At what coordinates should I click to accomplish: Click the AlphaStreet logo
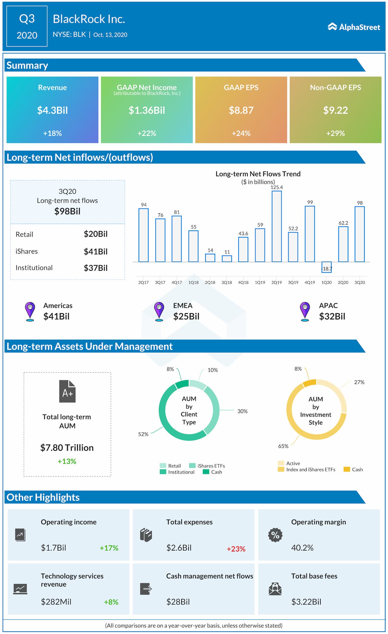pyautogui.click(x=354, y=27)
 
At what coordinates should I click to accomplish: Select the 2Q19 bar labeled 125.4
pyautogui.click(x=276, y=226)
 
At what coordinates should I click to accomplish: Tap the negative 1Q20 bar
pyautogui.click(x=326, y=267)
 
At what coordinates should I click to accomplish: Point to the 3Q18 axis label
pyautogui.click(x=226, y=282)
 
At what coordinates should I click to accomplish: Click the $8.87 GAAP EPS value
pyautogui.click(x=241, y=110)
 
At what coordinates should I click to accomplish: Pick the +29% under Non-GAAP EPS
pyautogui.click(x=335, y=133)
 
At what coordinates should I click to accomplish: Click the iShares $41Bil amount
pyautogui.click(x=95, y=251)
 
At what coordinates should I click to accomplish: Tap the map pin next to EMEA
pyautogui.click(x=159, y=311)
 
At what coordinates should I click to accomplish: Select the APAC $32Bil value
pyautogui.click(x=332, y=316)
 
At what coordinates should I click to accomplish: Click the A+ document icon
pyautogui.click(x=67, y=391)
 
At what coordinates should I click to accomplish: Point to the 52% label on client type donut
pyautogui.click(x=143, y=434)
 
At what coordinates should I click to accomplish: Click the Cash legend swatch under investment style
pyautogui.click(x=346, y=469)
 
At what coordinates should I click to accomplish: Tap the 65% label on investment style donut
pyautogui.click(x=283, y=446)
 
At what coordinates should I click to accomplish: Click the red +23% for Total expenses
pyautogui.click(x=236, y=549)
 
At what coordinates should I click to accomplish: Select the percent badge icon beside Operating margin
pyautogui.click(x=275, y=535)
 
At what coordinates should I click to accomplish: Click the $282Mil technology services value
pyautogui.click(x=56, y=602)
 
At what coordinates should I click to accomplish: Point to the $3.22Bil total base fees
pyautogui.click(x=306, y=602)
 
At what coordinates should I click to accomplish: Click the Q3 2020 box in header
pyautogui.click(x=27, y=26)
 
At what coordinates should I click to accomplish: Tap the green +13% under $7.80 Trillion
pyautogui.click(x=67, y=461)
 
